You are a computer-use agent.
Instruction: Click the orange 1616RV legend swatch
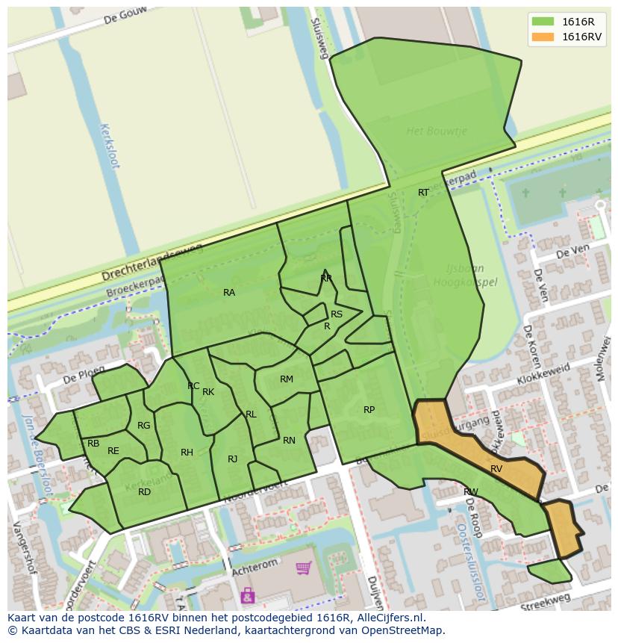click(543, 37)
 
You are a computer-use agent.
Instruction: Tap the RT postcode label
click(423, 193)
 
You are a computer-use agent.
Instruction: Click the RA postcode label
click(229, 293)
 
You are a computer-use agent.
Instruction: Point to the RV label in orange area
click(496, 469)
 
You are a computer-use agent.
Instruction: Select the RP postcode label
click(369, 410)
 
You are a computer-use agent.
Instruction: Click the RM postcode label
click(287, 379)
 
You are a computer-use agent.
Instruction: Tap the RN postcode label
click(289, 441)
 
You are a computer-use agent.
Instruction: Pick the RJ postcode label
click(233, 459)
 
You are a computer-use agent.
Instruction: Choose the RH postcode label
click(187, 453)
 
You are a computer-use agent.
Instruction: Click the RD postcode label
click(144, 492)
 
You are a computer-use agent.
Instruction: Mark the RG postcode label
click(144, 426)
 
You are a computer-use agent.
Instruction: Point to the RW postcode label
click(470, 492)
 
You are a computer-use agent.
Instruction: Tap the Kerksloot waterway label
click(109, 146)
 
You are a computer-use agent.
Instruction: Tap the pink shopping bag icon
click(247, 595)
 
